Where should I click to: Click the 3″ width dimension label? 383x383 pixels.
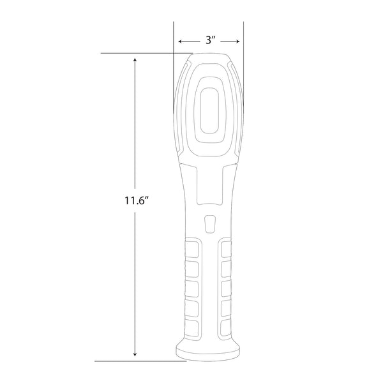coord(209,40)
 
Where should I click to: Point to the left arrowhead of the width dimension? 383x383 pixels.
coord(179,41)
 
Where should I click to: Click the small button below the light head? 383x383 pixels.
coord(209,224)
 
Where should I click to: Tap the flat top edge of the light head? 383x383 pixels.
coord(209,55)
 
